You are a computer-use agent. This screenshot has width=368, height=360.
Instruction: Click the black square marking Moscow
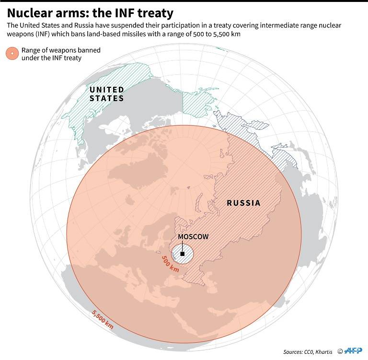[x=183, y=254]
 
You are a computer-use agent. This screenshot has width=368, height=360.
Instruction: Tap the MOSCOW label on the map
[x=193, y=237]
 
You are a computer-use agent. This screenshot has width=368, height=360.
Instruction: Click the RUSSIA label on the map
[x=243, y=203]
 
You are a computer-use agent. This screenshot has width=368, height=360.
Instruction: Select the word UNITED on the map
[x=107, y=90]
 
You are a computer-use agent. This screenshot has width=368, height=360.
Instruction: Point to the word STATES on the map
[x=107, y=98]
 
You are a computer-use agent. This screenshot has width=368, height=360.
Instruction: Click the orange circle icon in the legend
[x=11, y=53]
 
